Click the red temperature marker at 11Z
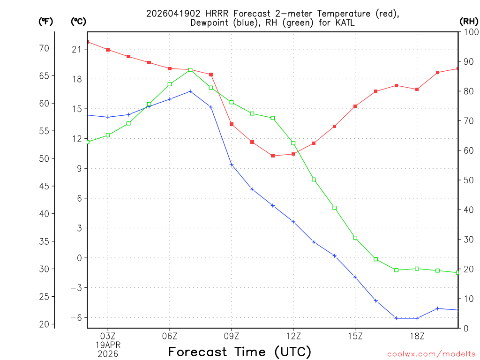click(x=273, y=156)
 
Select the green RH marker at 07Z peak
click(x=190, y=70)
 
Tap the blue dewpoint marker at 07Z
click(x=190, y=91)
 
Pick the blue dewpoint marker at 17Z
click(x=396, y=318)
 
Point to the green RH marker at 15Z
click(x=355, y=238)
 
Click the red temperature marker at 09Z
click(x=232, y=124)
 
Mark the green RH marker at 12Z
click(x=293, y=143)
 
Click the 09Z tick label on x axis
click(x=232, y=336)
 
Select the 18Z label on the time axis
click(x=417, y=336)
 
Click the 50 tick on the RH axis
click(x=469, y=180)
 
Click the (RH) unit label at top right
click(x=468, y=22)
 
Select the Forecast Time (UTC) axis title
click(x=240, y=352)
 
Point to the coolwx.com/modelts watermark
click(x=431, y=354)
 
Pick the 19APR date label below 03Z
click(x=108, y=345)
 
